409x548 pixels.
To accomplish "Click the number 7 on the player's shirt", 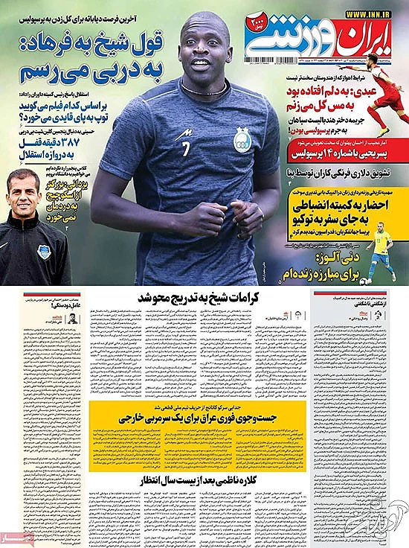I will [185, 146].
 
